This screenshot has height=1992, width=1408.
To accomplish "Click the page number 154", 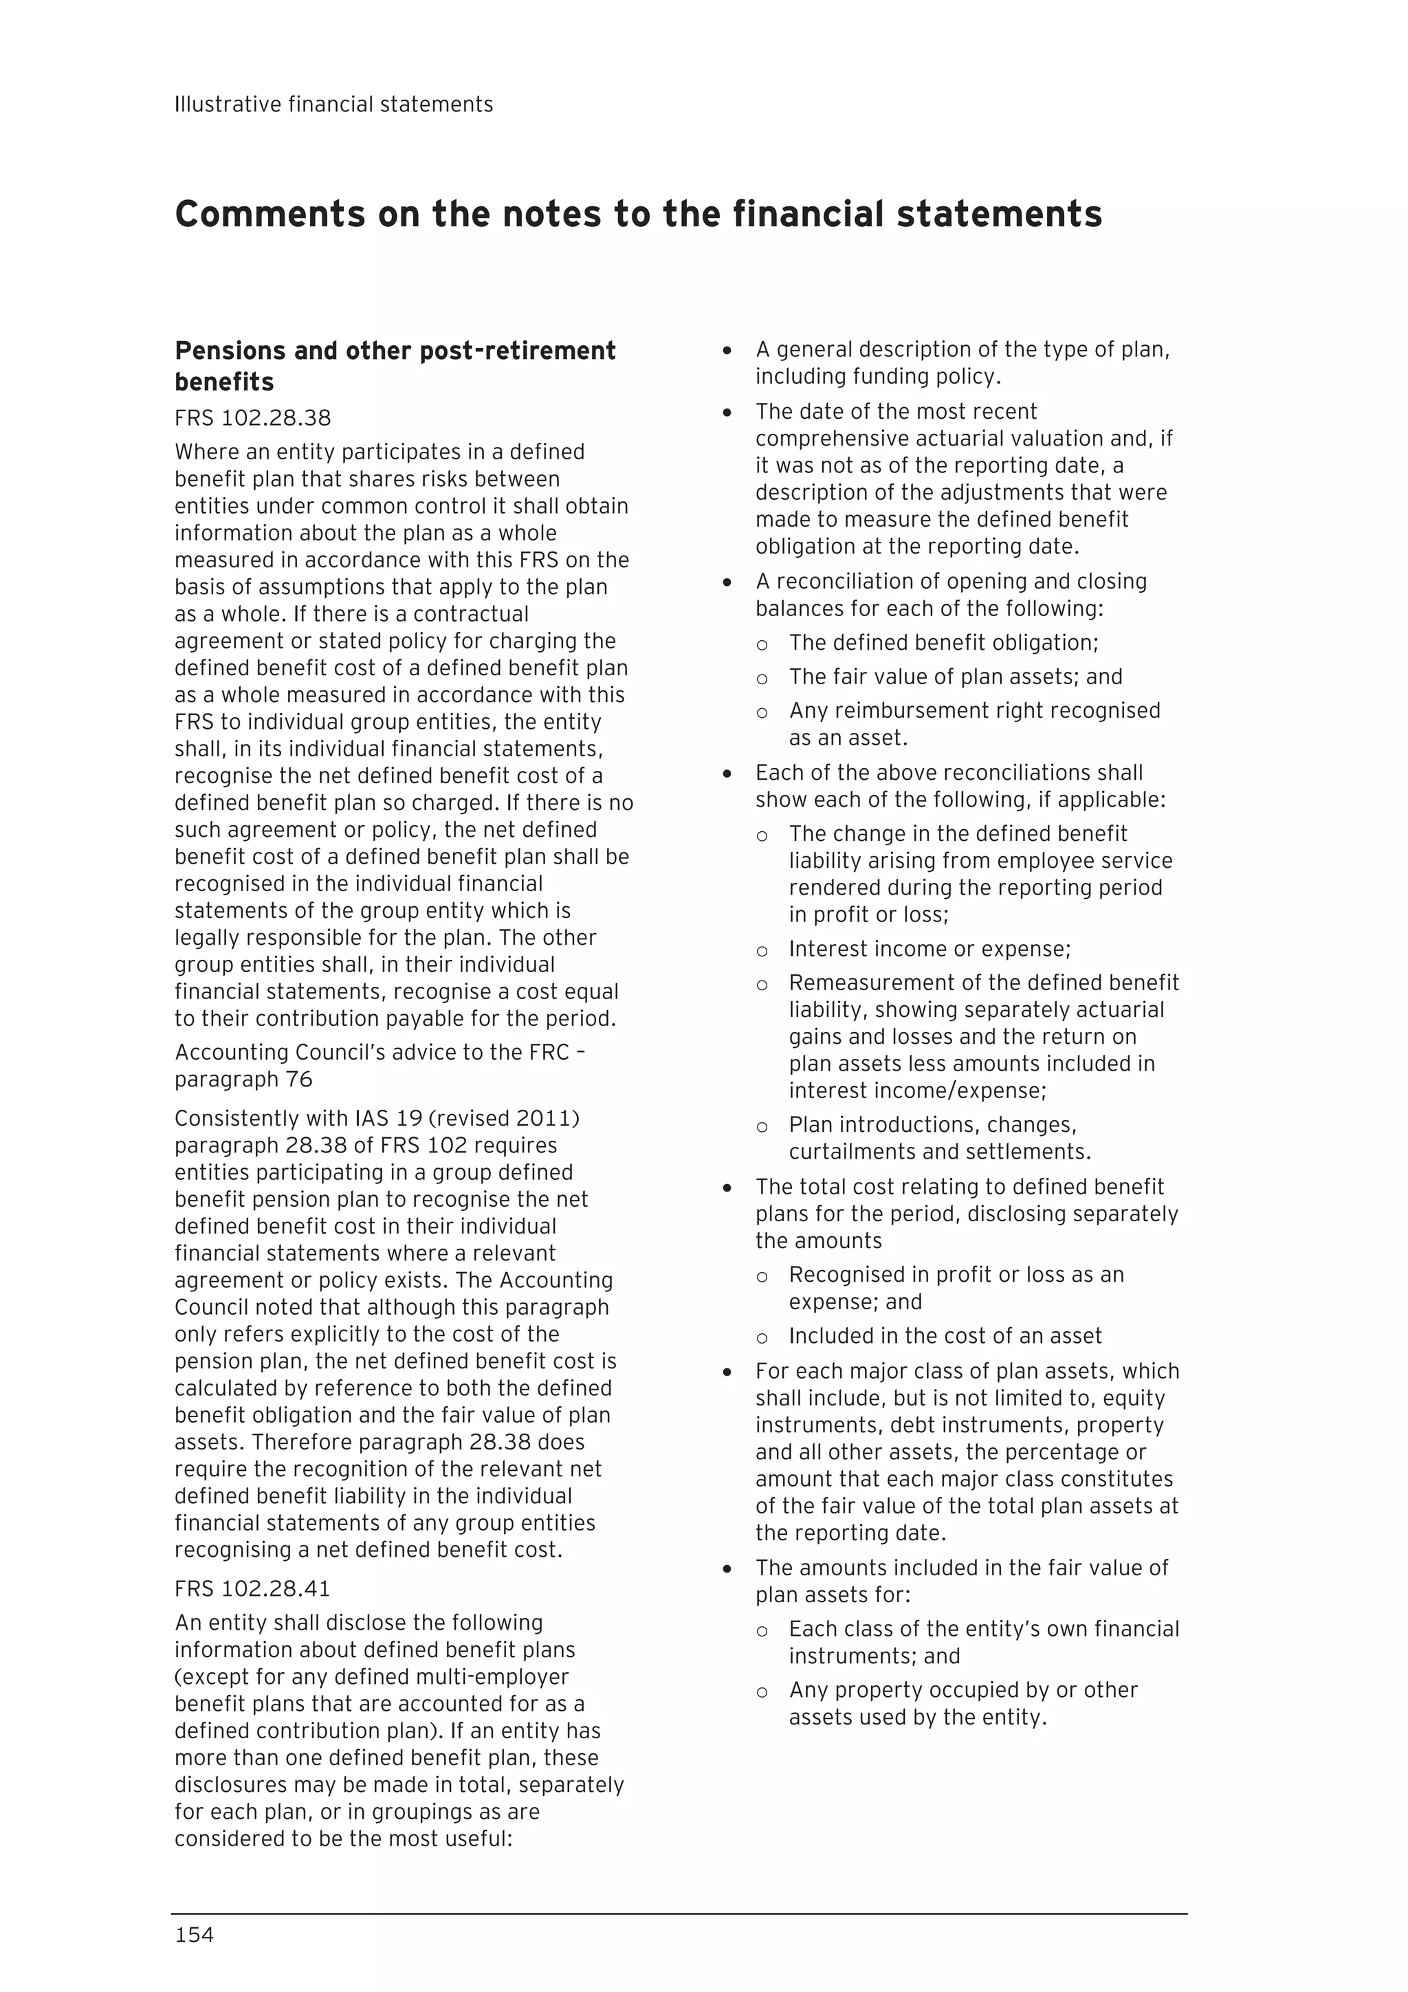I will pos(195,1935).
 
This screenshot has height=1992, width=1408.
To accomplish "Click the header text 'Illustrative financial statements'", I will pos(334,105).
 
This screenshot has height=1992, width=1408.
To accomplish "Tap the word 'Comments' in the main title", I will pos(269,215).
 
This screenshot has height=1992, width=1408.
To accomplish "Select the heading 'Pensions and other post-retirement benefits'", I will pos(395,365).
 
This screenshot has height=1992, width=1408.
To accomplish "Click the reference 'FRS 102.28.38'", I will pos(252,418).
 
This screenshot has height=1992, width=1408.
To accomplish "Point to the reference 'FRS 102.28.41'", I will pos(252,1588).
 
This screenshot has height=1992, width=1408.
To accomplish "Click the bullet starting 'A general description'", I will pos(962,349).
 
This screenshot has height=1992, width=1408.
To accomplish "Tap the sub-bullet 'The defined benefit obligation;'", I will pos(944,643).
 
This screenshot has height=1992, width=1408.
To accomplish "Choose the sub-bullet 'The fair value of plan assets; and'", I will pos(955,677).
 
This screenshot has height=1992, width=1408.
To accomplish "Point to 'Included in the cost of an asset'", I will pos(945,1336).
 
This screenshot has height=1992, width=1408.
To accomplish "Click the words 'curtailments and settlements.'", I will pos(940,1152).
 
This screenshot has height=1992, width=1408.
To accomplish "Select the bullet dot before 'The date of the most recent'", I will pos(727,413).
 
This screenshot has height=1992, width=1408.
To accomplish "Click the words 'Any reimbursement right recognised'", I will pos(974,710).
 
